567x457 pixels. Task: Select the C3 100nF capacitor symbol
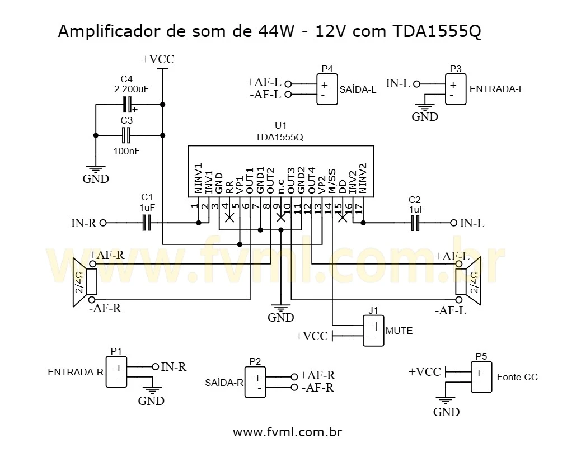pyautogui.click(x=127, y=135)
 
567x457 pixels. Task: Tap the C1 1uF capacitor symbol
pyautogui.click(x=147, y=223)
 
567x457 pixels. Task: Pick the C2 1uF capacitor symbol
pyautogui.click(x=415, y=223)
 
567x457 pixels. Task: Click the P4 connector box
pyautogui.click(x=326, y=89)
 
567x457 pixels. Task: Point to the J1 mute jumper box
pyautogui.click(x=372, y=331)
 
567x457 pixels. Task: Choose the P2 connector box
pyautogui.click(x=255, y=381)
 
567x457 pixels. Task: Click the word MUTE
pyautogui.click(x=399, y=331)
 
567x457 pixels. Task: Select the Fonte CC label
pyautogui.click(x=517, y=377)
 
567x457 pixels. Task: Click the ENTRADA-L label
pyautogui.click(x=496, y=89)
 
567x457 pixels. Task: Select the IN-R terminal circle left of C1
pyautogui.click(x=102, y=223)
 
